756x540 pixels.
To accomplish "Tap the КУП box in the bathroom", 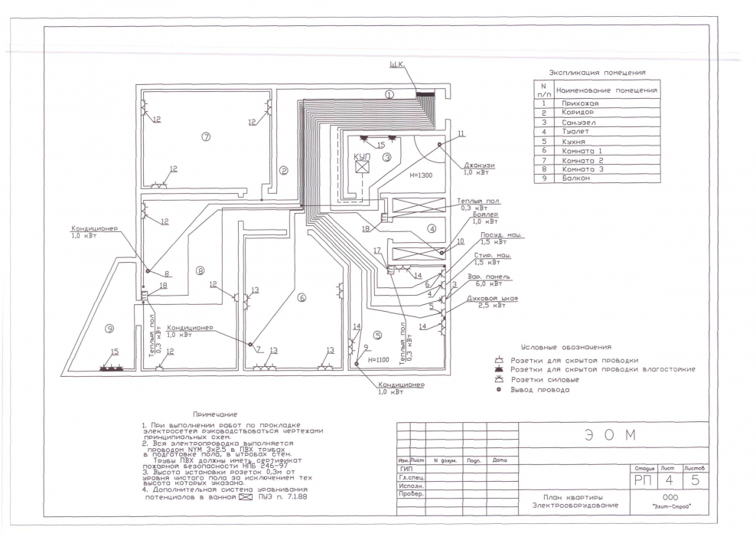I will (364, 165).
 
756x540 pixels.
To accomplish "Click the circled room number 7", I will (205, 136).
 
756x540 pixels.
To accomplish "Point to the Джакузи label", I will (479, 165).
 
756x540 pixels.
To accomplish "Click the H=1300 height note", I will (422, 175).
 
